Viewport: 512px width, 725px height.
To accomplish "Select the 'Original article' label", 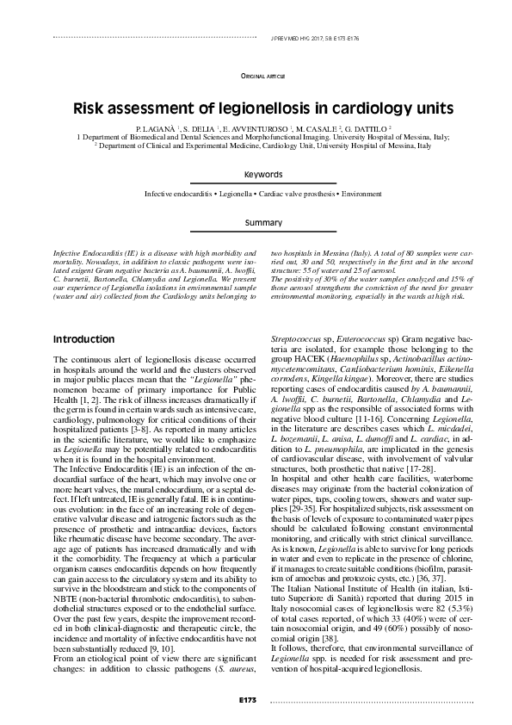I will point(262,77).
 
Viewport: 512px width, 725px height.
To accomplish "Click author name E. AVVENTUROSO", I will point(250,128).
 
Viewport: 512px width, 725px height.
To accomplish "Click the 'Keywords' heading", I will point(262,175).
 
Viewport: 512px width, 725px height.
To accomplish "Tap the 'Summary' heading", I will point(262,223).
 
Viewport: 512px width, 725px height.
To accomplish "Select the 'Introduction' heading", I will point(83,339).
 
